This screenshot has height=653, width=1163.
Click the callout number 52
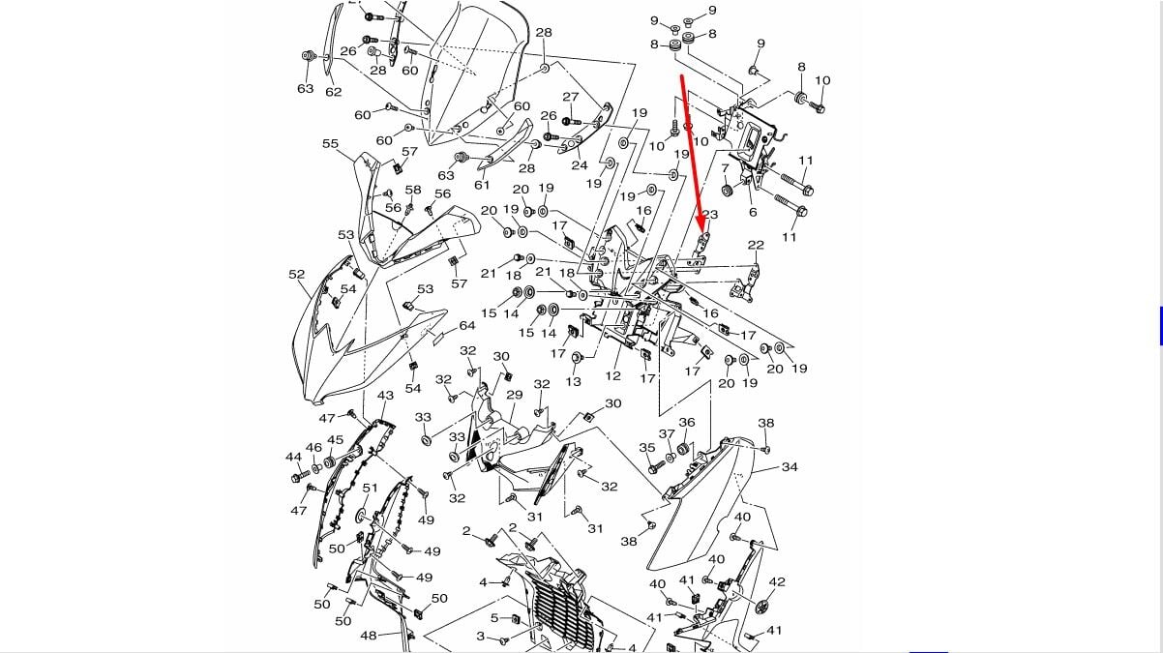click(297, 275)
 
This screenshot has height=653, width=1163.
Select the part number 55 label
click(331, 144)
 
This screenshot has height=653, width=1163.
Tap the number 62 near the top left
click(333, 92)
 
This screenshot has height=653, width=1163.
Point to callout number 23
click(710, 215)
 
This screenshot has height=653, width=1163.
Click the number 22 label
click(756, 246)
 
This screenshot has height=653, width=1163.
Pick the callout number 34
click(790, 467)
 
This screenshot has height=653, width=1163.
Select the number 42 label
click(777, 581)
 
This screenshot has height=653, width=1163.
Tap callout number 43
click(385, 396)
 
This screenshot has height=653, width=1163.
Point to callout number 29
click(515, 395)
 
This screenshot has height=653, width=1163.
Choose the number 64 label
click(467, 326)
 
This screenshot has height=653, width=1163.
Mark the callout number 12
click(613, 375)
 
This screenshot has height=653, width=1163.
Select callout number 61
click(482, 185)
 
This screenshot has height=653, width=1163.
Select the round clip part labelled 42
click(760, 607)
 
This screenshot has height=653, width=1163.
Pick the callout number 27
click(571, 97)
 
